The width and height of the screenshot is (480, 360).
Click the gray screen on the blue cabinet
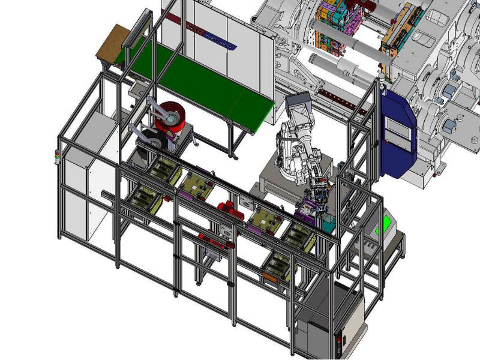pos(400,128)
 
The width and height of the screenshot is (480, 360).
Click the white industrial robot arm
pos(297,150)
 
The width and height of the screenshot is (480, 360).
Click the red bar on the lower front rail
pos(216,242)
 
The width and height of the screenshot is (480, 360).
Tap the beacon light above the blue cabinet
pos(380,78)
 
